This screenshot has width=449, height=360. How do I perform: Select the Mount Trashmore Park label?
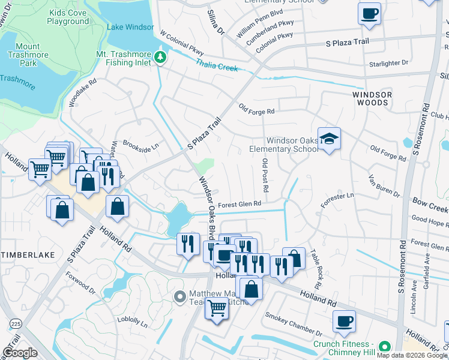[x=28, y=52]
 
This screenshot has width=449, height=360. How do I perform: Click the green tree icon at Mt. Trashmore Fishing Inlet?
[x=160, y=58]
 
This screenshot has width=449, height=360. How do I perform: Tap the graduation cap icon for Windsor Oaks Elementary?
[x=329, y=139]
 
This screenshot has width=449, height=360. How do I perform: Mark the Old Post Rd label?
[x=265, y=175]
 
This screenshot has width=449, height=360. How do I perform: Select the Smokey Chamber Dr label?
[x=294, y=323]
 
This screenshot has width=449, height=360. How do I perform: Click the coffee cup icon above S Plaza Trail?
[x=369, y=13]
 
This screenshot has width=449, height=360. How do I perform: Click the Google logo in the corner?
[x=20, y=353]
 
